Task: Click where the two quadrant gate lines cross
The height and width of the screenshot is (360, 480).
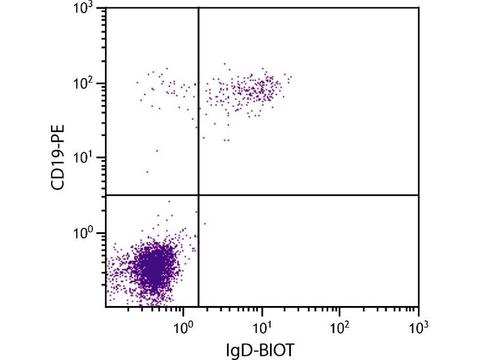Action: [198, 195]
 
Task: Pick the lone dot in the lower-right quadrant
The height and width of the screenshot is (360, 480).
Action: [205, 224]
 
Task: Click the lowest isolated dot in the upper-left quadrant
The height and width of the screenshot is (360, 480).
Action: [147, 172]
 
